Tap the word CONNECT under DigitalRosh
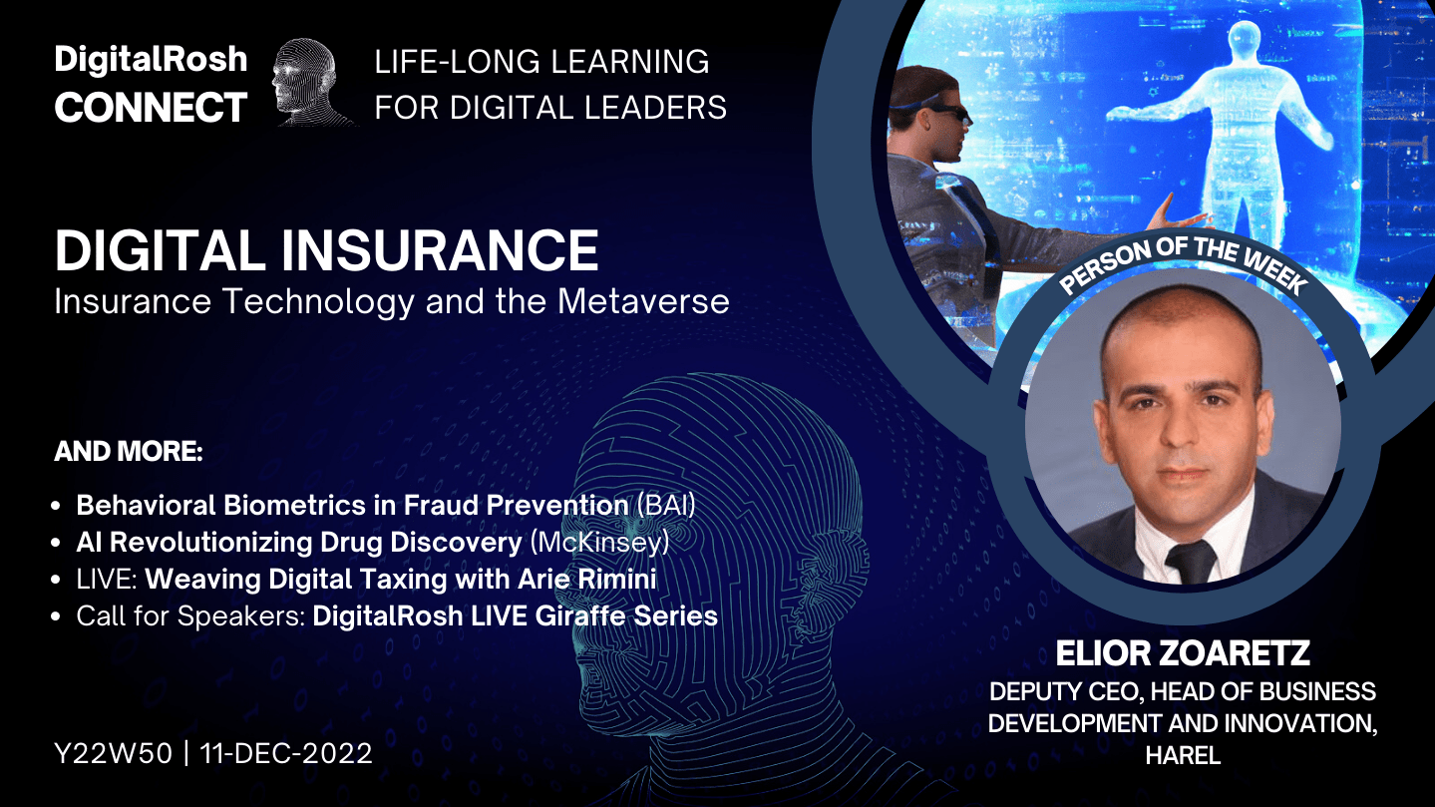(x=151, y=107)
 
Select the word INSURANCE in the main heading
(x=440, y=250)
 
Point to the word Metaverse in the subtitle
(x=643, y=301)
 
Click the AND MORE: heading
(x=129, y=451)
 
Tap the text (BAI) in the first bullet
(x=666, y=506)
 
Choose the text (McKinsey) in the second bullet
(x=599, y=543)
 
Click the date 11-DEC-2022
(x=286, y=753)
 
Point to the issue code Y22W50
(x=114, y=753)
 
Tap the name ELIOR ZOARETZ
(x=1183, y=653)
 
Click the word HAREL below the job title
(x=1183, y=755)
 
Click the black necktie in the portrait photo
(x=1191, y=562)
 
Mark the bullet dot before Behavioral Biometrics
(x=56, y=506)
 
